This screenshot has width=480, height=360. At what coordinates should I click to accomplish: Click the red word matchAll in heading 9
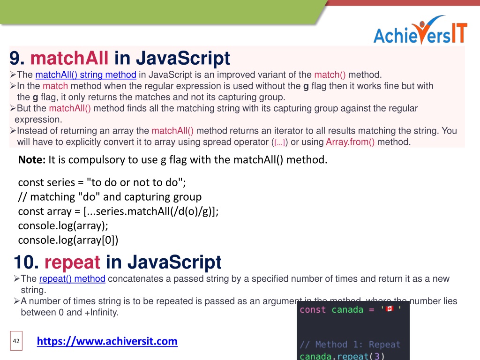click(x=70, y=59)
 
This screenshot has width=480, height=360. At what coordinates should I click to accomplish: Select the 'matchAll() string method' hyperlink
click(x=86, y=75)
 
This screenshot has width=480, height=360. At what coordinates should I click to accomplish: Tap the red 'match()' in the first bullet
click(x=330, y=75)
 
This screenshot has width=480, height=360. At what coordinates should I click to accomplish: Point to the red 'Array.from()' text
click(x=350, y=142)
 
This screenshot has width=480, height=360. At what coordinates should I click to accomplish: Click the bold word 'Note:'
click(x=32, y=160)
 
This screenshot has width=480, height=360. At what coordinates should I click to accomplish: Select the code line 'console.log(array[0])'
click(x=68, y=240)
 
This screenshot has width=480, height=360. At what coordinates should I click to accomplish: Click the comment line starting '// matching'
click(x=110, y=196)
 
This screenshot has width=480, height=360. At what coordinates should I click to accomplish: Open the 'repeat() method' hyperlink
click(x=72, y=279)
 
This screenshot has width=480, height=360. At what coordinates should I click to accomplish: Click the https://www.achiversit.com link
click(x=107, y=341)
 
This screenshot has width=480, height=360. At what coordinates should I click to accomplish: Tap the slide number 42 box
click(x=16, y=341)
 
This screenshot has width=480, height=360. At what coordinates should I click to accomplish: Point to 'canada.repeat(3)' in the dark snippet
click(x=342, y=356)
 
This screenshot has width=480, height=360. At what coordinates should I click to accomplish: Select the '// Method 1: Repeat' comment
click(x=350, y=345)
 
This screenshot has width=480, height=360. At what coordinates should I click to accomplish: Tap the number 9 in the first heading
click(x=17, y=59)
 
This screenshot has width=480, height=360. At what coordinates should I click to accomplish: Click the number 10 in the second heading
click(x=26, y=262)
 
